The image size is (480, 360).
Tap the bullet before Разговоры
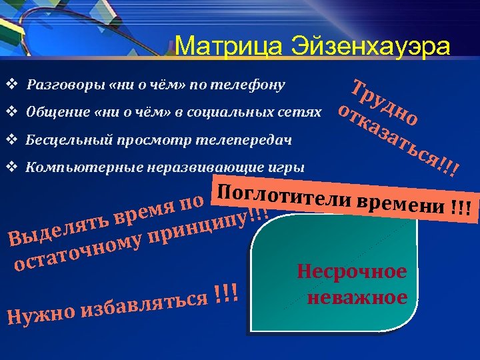tap(11, 85)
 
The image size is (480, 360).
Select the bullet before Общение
tap(11, 113)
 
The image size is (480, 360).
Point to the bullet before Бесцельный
tap(11, 141)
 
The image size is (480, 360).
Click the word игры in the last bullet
tap(290, 168)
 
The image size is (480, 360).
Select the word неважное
tap(357, 297)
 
